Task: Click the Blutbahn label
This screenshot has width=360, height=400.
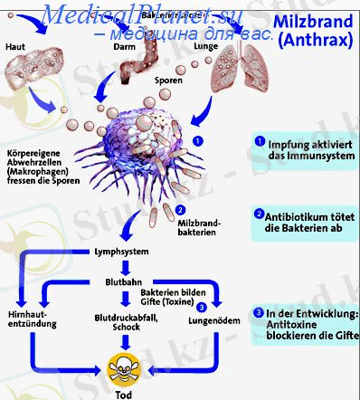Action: (123, 281)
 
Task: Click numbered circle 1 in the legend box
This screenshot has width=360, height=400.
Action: (260, 141)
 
